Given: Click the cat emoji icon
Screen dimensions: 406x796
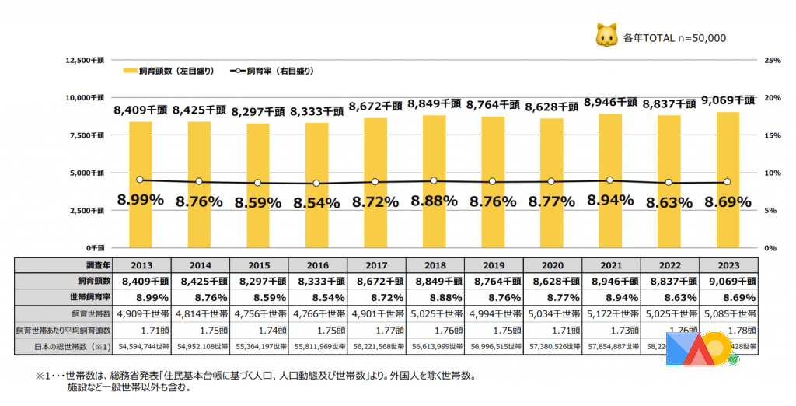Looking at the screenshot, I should (x=606, y=35).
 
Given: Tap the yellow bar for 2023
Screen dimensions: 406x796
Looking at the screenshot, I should (x=727, y=180).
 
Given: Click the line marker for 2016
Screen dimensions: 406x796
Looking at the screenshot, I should (x=316, y=184).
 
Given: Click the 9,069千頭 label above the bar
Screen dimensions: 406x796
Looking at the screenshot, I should (x=727, y=100).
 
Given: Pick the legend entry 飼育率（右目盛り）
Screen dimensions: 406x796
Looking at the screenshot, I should (x=272, y=71).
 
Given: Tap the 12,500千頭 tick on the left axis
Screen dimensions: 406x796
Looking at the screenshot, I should (x=87, y=60).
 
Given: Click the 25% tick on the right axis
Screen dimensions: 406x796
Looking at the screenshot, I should (x=772, y=60).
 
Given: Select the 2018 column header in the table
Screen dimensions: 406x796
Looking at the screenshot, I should (x=435, y=265).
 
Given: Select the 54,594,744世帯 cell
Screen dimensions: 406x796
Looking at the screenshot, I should (x=141, y=345).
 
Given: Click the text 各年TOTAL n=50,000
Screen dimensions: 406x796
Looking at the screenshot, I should (x=675, y=37).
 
